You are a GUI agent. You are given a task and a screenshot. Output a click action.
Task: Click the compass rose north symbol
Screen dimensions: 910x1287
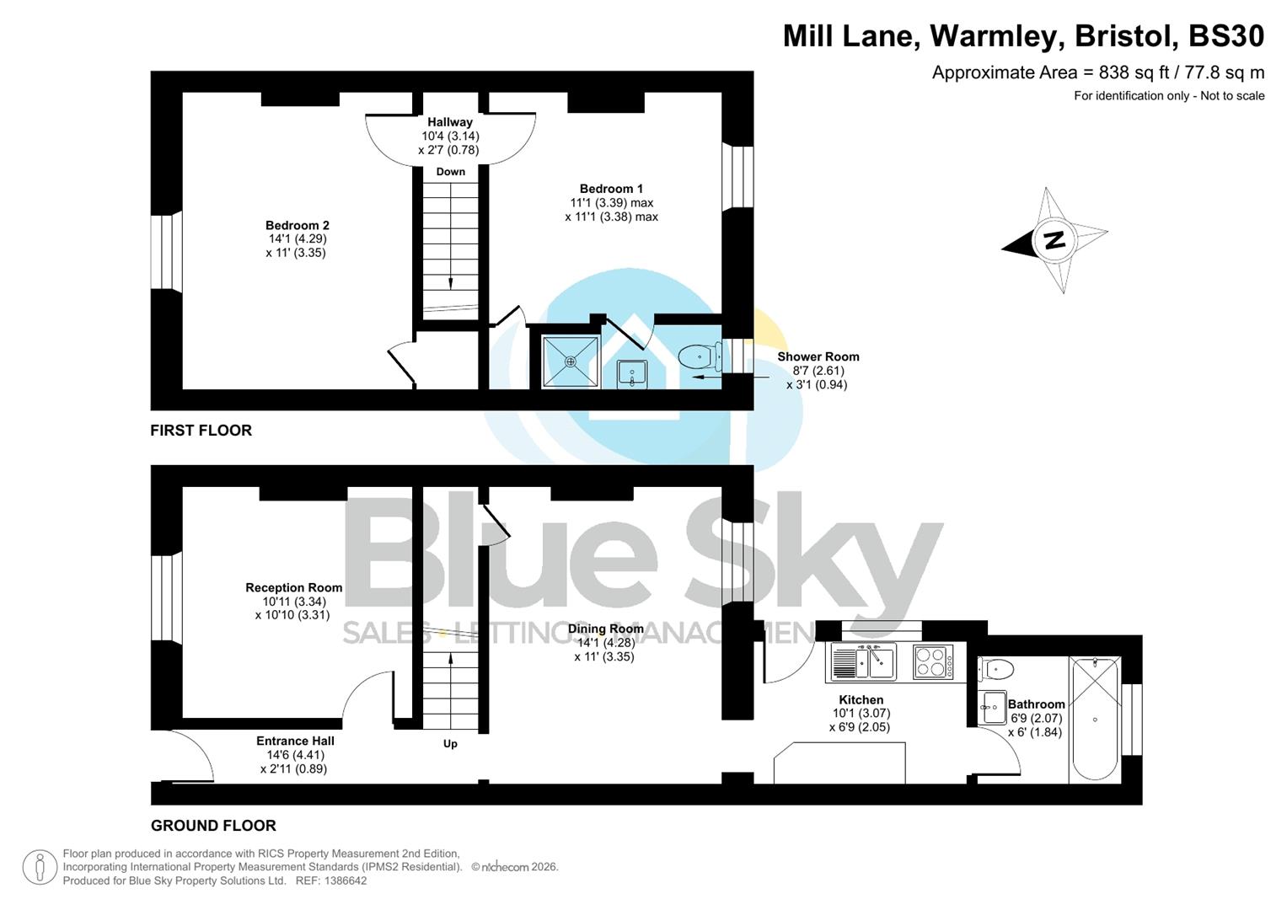(x=1054, y=240)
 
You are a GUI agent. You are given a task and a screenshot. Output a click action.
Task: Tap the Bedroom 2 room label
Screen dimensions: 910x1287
(x=297, y=226)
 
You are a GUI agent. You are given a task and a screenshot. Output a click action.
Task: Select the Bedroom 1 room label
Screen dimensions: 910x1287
(x=611, y=189)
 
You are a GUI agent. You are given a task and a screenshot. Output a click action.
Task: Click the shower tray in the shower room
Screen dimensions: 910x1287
(x=571, y=362)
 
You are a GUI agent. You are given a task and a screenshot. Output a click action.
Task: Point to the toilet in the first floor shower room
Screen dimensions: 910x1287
(x=700, y=358)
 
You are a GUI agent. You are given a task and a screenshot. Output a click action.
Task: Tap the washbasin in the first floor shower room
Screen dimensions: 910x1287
(x=632, y=372)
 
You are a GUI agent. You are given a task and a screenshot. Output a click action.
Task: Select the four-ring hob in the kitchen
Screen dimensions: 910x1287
(x=933, y=661)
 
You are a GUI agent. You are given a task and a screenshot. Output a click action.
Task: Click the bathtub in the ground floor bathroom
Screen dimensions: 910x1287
(x=1094, y=719)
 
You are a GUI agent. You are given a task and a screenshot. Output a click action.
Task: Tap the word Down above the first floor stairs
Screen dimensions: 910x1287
(x=450, y=172)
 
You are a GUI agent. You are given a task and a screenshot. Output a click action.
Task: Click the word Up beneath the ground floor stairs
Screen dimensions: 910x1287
(x=450, y=744)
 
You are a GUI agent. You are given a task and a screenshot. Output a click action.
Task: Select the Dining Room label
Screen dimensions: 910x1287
(x=605, y=629)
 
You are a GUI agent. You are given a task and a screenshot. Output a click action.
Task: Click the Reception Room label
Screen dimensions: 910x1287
(x=293, y=588)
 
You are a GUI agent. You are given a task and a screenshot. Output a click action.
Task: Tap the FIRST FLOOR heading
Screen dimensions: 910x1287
(x=201, y=431)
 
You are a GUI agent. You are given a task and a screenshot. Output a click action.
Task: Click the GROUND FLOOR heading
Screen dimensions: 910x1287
(x=213, y=826)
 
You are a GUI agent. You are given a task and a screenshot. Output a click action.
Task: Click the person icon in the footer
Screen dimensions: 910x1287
(x=40, y=867)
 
